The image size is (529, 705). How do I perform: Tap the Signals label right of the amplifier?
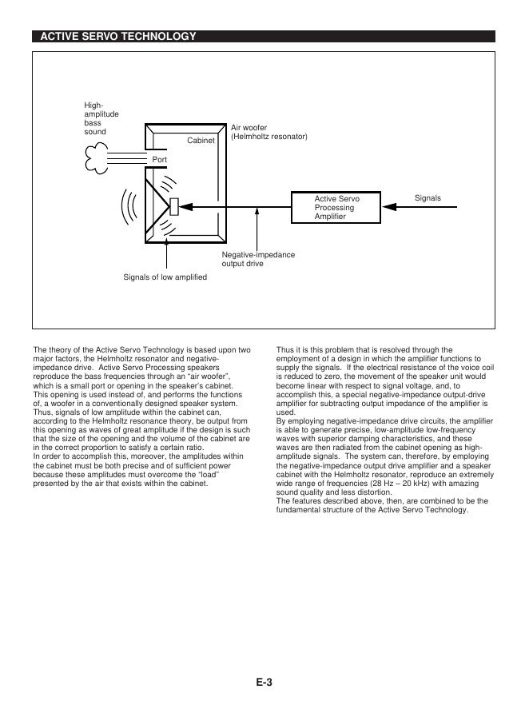point(428,197)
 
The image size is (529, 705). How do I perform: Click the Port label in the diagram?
point(159,160)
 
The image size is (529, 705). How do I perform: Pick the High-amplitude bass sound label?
point(101,118)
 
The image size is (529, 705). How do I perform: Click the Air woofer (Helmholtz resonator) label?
point(268,132)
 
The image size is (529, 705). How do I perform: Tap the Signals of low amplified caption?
point(165,277)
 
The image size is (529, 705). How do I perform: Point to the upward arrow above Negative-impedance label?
point(257,228)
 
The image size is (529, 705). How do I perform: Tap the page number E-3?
point(264,682)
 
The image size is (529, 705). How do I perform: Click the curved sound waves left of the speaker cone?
point(127,209)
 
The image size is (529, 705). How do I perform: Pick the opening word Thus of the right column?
point(284,350)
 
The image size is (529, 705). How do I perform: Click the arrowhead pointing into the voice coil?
point(186,207)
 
